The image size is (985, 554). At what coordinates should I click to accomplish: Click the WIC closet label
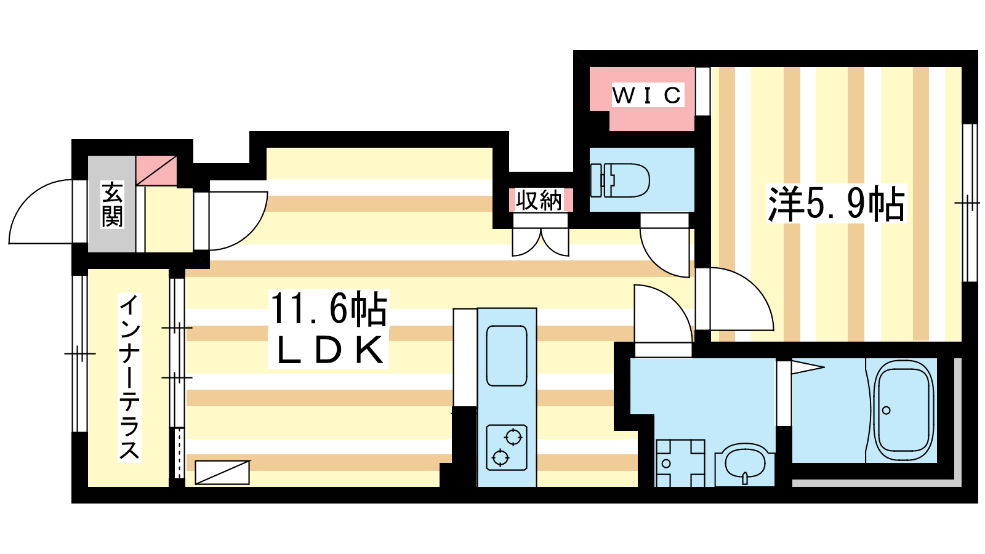tap(648, 95)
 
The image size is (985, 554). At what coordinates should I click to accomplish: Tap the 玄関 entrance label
tap(112, 204)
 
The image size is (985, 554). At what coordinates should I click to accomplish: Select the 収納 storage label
tap(539, 201)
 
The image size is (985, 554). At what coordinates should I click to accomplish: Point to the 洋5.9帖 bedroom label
tap(836, 204)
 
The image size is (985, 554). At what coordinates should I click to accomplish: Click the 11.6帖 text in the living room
tap(329, 308)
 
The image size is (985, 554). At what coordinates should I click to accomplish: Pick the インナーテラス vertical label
tap(129, 377)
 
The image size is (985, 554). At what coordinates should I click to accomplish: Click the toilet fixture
tap(620, 181)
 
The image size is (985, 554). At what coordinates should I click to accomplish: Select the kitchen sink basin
tap(507, 356)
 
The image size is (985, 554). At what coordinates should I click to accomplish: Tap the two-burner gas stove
tap(507, 448)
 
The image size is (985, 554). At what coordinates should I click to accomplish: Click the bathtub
tap(903, 409)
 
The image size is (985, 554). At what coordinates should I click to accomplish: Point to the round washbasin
tap(744, 464)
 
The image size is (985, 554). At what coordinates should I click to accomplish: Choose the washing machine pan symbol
tap(680, 463)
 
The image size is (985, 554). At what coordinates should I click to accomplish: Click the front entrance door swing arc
tap(41, 212)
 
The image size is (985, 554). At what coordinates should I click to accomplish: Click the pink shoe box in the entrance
tap(156, 171)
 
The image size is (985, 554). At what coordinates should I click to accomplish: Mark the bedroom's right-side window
tap(969, 203)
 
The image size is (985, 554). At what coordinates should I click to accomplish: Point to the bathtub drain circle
tap(886, 410)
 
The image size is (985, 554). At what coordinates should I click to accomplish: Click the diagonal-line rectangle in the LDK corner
tap(222, 472)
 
